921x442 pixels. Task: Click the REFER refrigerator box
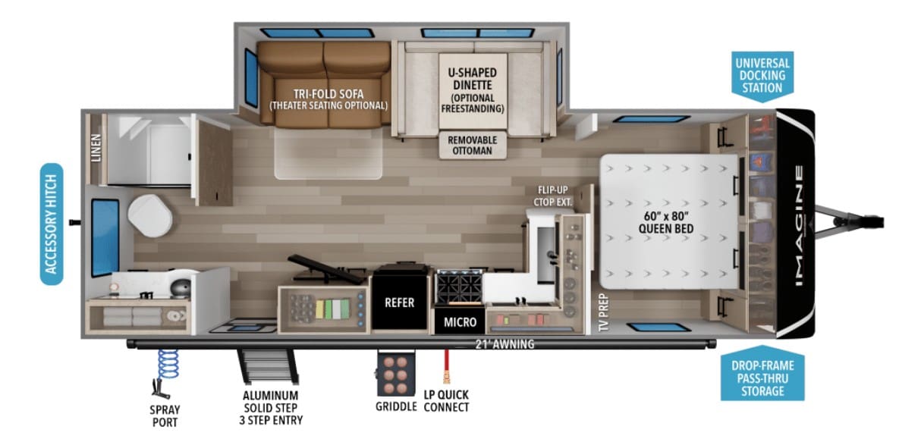tap(400, 297)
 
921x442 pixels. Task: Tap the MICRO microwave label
tap(460, 322)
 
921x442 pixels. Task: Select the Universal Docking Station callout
tap(762, 76)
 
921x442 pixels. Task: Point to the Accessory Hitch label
tap(52, 224)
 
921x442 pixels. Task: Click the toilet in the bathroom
tap(149, 215)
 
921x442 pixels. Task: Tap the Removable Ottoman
tap(473, 145)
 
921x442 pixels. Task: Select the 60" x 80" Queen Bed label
tap(666, 222)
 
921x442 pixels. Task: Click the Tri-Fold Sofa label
tap(328, 94)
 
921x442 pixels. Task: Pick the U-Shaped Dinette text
tap(473, 79)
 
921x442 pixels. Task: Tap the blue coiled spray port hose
tap(168, 364)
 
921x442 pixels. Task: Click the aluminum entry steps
tap(268, 365)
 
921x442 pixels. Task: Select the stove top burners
tap(459, 287)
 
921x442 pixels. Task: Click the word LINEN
tap(96, 148)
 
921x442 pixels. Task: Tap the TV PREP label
tap(603, 312)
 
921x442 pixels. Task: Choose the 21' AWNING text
tap(505, 344)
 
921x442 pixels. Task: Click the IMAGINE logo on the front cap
tap(799, 225)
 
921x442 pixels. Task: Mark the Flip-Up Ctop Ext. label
tap(552, 196)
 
